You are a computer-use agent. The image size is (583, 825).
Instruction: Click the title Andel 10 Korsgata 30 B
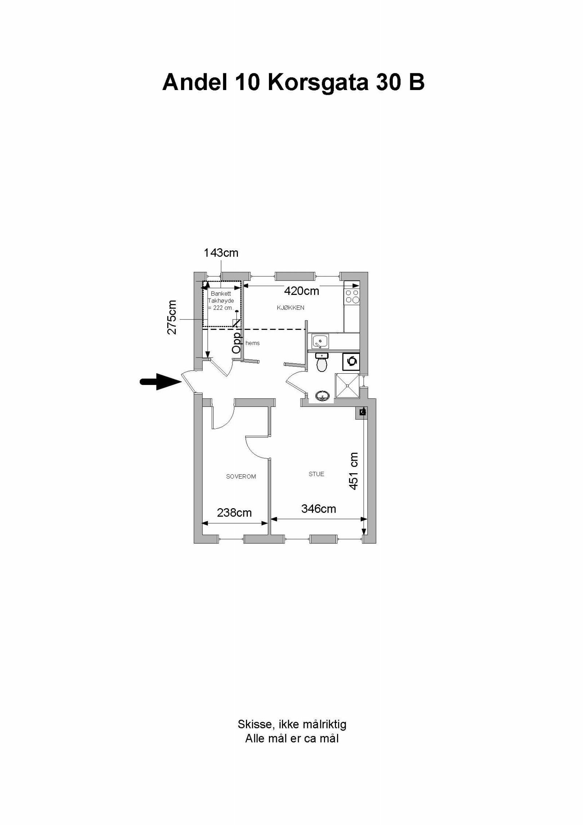[293, 82]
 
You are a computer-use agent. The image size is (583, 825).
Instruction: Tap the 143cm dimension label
[221, 253]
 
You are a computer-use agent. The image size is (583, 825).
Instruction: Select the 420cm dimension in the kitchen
[301, 291]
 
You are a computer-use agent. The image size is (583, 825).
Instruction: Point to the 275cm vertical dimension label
[172, 317]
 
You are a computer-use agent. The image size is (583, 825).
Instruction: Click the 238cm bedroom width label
[234, 513]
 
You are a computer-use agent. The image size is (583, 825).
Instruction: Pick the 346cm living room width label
[318, 509]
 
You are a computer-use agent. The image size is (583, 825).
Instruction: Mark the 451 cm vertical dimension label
[353, 471]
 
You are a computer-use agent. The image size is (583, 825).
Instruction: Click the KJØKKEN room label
[290, 308]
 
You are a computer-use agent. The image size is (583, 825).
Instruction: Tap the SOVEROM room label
[241, 476]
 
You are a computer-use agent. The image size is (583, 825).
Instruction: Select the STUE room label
[316, 474]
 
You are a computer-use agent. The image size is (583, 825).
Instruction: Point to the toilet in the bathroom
[321, 363]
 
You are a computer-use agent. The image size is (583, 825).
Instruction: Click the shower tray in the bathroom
[347, 386]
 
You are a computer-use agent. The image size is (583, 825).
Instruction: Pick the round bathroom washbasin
[323, 396]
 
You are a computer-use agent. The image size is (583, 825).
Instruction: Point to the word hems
[253, 343]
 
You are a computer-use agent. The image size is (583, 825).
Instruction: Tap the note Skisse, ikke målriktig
[292, 724]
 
